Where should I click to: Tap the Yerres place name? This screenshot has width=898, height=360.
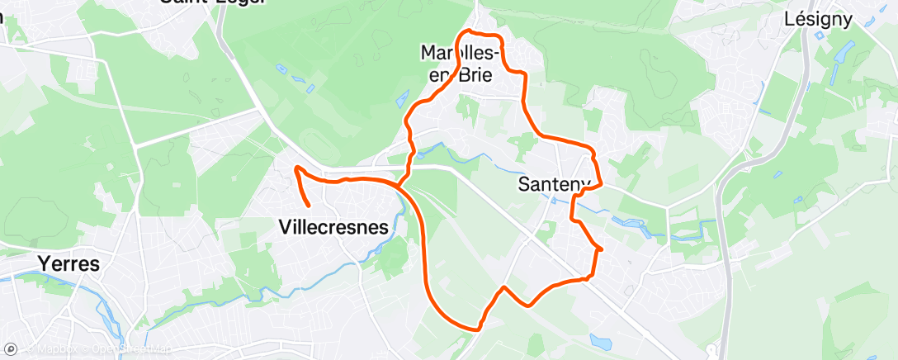(69, 264)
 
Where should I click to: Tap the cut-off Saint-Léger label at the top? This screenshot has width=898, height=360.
(213, 2)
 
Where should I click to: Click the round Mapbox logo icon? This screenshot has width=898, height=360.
(10, 349)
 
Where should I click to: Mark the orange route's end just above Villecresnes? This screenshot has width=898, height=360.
(308, 205)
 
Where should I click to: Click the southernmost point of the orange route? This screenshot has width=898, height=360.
(477, 329)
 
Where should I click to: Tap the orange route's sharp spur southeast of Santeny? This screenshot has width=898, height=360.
(603, 249)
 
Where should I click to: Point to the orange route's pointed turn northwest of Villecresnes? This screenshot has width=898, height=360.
(295, 168)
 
